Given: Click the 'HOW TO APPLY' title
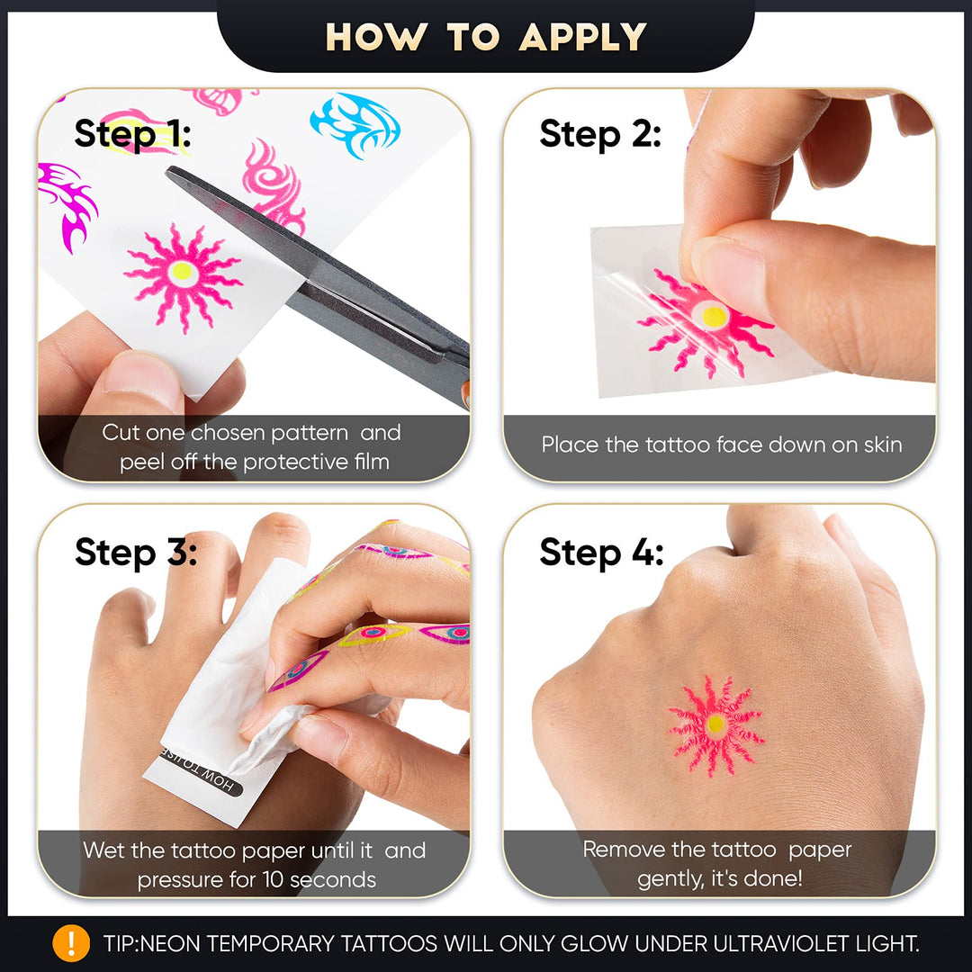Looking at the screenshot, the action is click(x=486, y=37).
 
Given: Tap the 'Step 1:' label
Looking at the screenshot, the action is click(x=132, y=134).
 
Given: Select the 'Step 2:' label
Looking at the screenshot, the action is click(x=600, y=134).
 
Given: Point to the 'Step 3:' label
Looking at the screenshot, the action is click(x=136, y=552).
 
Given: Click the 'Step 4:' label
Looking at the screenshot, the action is click(x=601, y=552).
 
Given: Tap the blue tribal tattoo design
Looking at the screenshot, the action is click(x=355, y=124).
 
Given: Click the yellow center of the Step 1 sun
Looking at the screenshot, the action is click(x=182, y=271).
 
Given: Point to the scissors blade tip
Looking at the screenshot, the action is click(x=168, y=171).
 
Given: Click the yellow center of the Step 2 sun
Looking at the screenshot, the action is click(x=714, y=316).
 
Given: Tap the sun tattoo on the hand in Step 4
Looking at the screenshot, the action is click(x=715, y=724).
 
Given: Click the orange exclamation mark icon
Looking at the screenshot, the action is click(x=71, y=943).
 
